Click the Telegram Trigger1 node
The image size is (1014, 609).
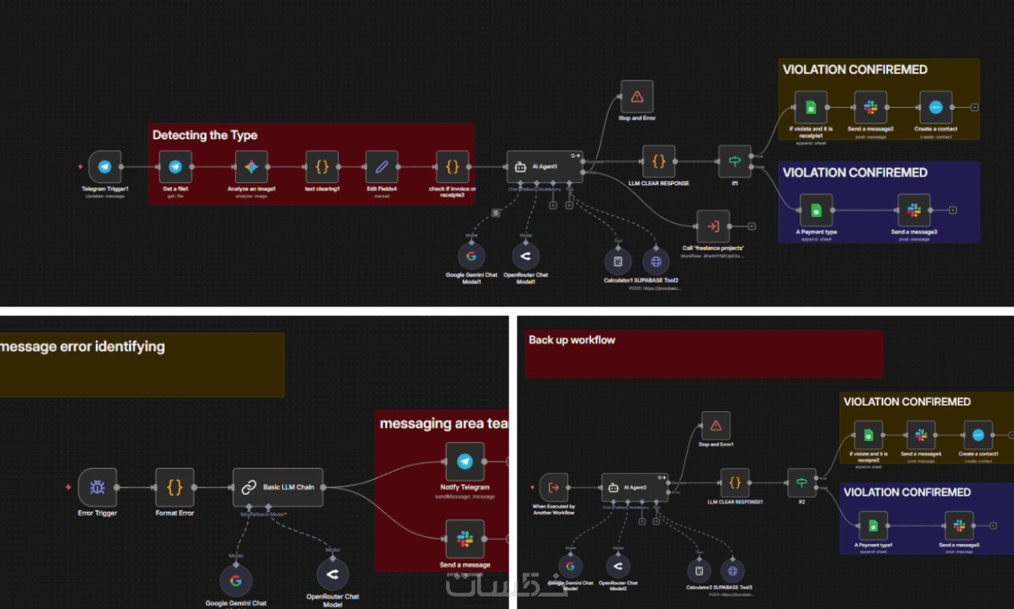click(x=105, y=167)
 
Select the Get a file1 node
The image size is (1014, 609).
click(x=175, y=167)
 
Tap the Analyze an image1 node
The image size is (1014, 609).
click(x=251, y=167)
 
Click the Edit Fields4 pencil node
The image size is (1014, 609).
click(x=382, y=167)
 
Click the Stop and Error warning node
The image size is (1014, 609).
click(x=637, y=97)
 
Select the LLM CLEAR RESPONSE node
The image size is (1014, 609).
click(x=658, y=162)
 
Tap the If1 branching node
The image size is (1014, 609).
click(x=734, y=162)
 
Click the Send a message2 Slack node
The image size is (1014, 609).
click(x=871, y=107)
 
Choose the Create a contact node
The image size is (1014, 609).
click(x=936, y=107)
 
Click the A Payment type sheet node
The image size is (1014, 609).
click(x=816, y=210)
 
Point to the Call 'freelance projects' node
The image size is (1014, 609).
click(x=713, y=226)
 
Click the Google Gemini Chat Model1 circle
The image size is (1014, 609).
click(x=471, y=256)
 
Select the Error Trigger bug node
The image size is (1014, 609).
click(x=97, y=487)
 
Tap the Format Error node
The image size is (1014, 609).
click(x=174, y=487)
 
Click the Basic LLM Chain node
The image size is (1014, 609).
click(x=279, y=487)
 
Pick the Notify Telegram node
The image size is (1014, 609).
click(x=465, y=462)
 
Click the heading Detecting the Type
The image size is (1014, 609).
click(x=204, y=135)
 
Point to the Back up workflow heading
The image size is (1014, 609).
click(x=571, y=340)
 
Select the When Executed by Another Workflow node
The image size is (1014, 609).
click(x=554, y=488)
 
